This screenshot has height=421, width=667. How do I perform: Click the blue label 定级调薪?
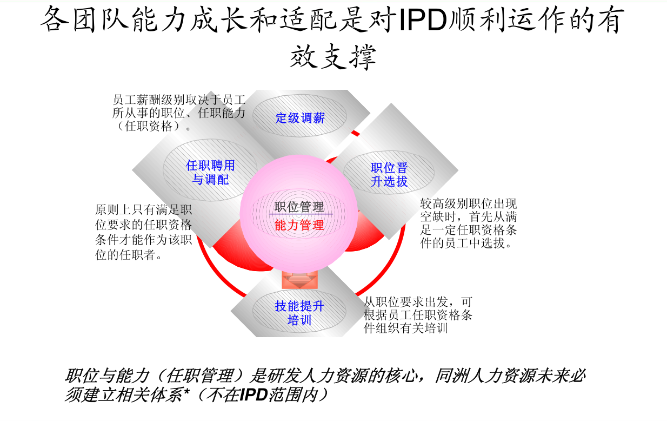300,117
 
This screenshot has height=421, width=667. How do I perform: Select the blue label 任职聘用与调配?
210,173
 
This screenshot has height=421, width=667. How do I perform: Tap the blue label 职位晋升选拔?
389,175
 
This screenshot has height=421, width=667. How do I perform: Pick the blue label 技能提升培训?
299,313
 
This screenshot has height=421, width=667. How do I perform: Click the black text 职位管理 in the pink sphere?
299,207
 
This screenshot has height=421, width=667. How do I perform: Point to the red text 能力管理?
299,225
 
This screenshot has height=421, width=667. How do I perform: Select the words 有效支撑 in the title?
332,56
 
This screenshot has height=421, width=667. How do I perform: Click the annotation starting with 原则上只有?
144,232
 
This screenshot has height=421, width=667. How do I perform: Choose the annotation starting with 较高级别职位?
469,223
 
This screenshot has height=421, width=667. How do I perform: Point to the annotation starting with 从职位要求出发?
418,314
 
